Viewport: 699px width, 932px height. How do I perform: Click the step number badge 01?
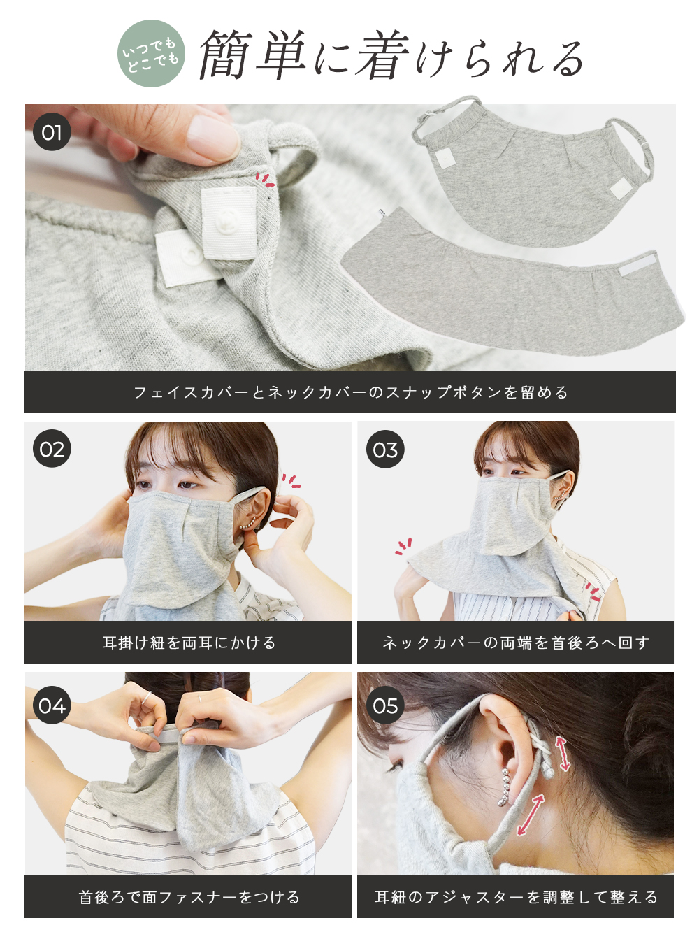(x=52, y=132)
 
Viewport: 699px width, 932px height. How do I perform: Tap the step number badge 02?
(x=52, y=449)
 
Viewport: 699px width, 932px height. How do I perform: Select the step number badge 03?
(x=385, y=450)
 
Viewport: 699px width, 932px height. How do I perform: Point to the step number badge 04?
(x=52, y=705)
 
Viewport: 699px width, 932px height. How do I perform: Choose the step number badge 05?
(x=385, y=705)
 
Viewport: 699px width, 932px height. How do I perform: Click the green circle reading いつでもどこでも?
(x=151, y=54)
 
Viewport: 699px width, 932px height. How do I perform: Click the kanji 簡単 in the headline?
(x=253, y=55)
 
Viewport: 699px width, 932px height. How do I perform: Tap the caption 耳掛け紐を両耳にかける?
(x=189, y=643)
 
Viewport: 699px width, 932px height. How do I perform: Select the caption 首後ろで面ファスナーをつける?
(x=189, y=898)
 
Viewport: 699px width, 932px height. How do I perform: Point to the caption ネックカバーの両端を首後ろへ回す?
(x=516, y=643)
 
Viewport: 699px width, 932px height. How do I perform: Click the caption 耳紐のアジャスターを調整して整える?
(x=516, y=898)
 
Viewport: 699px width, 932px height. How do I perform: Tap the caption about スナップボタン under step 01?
(x=351, y=392)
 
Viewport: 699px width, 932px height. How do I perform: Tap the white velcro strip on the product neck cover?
(x=637, y=267)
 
